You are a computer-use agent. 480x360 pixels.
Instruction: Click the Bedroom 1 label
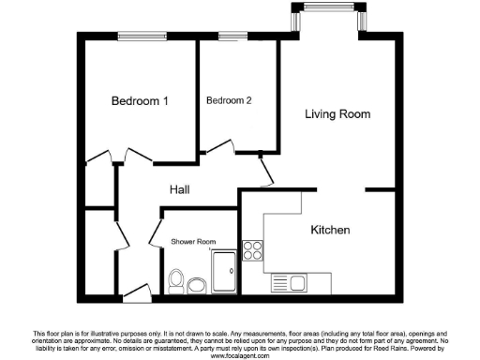point(140,101)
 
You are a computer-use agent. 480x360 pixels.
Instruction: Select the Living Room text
point(337,114)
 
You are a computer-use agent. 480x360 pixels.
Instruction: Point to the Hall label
point(180,189)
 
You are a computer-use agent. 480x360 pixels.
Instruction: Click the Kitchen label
point(330,230)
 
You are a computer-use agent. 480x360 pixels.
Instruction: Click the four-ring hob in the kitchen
point(252,250)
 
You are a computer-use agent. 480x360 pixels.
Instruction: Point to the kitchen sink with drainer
point(290,282)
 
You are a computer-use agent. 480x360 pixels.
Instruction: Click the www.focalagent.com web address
point(239,356)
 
